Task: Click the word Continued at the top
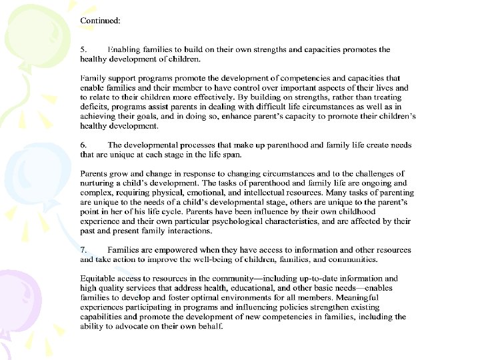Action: click(x=100, y=21)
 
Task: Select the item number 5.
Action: click(x=83, y=49)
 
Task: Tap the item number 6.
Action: click(x=83, y=145)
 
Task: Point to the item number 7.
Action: click(x=83, y=250)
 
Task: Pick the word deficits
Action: click(x=95, y=106)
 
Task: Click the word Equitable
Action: click(x=100, y=279)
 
